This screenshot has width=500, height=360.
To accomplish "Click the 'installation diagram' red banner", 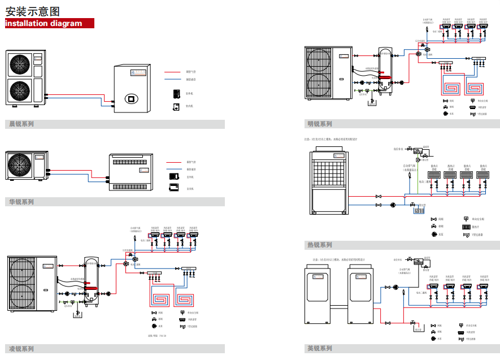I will [49, 24].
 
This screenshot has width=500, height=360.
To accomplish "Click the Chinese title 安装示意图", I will [33, 11].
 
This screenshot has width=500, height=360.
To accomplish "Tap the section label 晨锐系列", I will [21, 124].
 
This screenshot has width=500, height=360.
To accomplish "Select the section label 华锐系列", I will [21, 202].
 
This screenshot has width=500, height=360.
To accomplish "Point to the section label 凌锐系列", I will [21, 348].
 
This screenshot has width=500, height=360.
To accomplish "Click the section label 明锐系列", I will [320, 124].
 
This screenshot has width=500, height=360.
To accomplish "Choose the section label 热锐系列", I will [320, 245].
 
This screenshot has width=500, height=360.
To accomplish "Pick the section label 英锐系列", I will [320, 348].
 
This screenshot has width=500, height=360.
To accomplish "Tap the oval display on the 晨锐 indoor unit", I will [132, 97].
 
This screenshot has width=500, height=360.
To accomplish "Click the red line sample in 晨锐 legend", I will [172, 72].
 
